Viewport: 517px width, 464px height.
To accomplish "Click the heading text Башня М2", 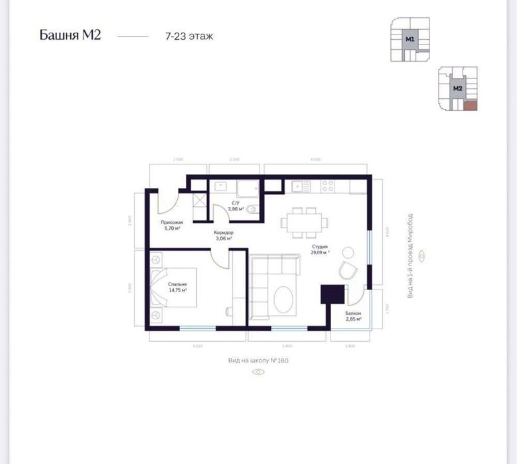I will (x=70, y=36).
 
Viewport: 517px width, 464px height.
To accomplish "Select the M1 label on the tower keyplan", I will (x=410, y=39).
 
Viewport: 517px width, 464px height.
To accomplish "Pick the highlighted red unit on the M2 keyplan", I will (x=470, y=105).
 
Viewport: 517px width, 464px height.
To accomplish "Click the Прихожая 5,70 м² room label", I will (x=171, y=225).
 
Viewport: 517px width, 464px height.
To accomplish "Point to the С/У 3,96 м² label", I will (x=236, y=206).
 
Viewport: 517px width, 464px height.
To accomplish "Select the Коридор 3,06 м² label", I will (x=223, y=236).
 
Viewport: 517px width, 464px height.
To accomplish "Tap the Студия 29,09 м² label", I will (x=321, y=250).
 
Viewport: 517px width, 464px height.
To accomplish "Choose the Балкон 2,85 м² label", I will (x=353, y=315).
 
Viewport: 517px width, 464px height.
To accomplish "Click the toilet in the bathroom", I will (x=251, y=208).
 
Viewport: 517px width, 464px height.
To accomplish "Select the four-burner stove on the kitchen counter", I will (x=328, y=186).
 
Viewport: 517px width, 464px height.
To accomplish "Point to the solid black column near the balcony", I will (x=332, y=293).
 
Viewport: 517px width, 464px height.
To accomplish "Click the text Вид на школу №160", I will (x=258, y=360).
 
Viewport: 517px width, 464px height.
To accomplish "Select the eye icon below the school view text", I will (x=258, y=372).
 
